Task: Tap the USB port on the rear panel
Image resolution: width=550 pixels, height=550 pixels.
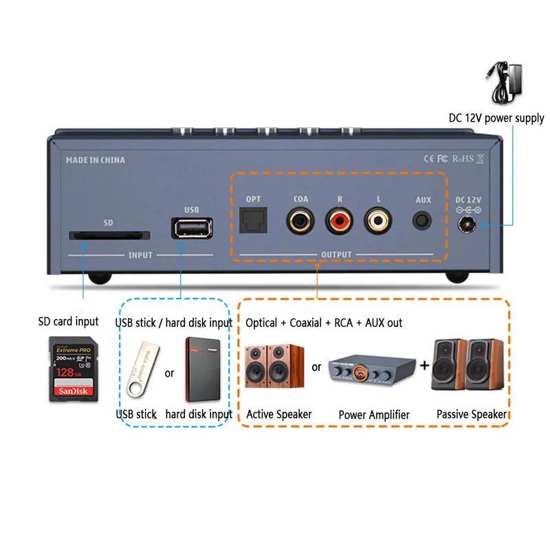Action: point(191,228)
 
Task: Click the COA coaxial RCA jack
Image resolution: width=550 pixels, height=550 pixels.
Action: point(300,222)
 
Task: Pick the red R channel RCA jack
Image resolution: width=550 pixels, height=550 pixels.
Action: point(339,222)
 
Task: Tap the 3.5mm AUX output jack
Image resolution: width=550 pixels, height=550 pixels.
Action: point(422,222)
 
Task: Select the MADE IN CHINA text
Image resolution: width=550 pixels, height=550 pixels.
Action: point(96,160)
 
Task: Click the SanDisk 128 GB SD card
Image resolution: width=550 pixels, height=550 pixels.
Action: point(72,369)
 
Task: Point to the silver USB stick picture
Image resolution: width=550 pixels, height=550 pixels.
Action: point(141,371)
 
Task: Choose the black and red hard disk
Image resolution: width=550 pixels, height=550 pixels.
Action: point(205,369)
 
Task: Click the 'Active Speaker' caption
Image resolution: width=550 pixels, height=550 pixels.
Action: point(278,414)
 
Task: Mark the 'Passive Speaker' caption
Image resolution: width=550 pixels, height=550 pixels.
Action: point(472,414)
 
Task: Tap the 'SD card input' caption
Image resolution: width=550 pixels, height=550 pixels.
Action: point(69,321)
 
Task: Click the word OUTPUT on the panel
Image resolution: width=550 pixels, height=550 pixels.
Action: point(336,255)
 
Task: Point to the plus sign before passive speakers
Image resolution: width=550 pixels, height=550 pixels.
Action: point(425,366)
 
